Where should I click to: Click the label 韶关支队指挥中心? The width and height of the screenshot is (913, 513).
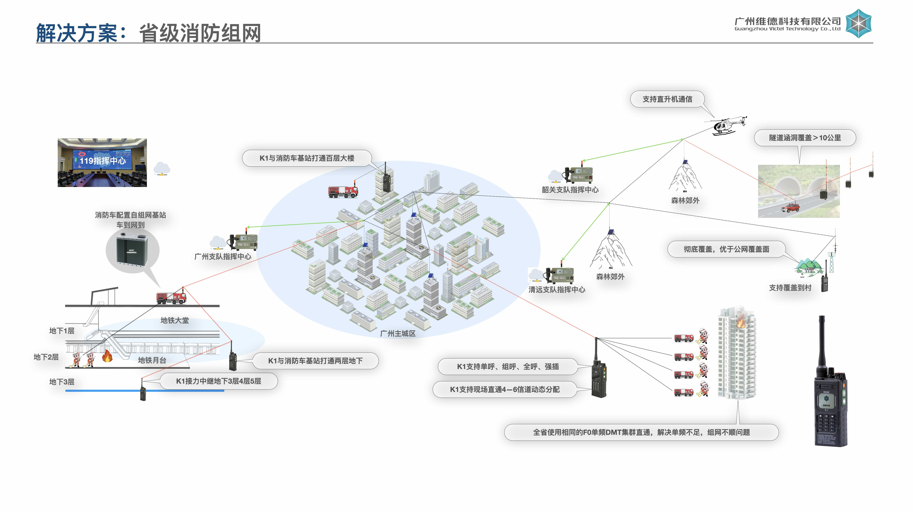[570, 190]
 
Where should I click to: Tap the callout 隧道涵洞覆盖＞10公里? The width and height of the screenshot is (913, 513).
[805, 138]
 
